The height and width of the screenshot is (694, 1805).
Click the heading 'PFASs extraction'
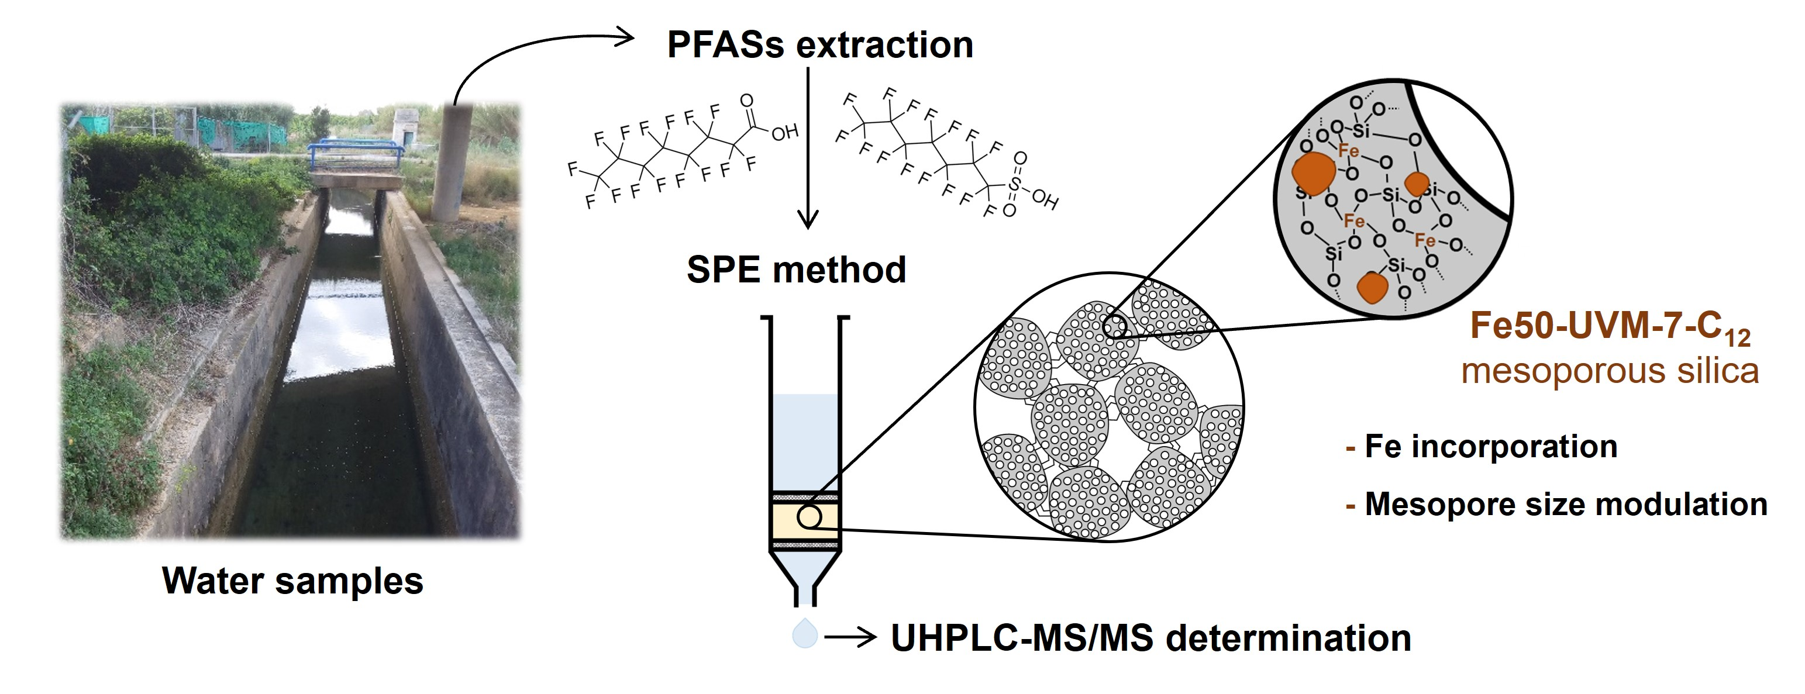click(x=820, y=45)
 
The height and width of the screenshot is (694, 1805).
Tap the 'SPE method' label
click(x=796, y=270)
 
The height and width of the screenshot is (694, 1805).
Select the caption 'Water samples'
click(x=293, y=581)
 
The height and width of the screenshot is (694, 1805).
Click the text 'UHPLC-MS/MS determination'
click(x=1150, y=638)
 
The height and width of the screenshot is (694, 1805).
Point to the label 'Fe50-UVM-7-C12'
click(x=1610, y=326)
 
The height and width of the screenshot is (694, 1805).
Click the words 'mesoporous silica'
click(x=1610, y=371)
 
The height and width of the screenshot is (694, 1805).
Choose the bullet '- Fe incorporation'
click(x=1482, y=447)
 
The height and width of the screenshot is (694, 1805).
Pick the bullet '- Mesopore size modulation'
click(x=1556, y=504)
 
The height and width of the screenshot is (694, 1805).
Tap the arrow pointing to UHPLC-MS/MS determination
click(x=850, y=637)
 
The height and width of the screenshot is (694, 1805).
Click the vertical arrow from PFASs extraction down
click(x=808, y=147)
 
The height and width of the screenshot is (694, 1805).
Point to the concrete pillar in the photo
click(x=452, y=161)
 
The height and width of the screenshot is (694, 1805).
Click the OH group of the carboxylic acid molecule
click(x=785, y=132)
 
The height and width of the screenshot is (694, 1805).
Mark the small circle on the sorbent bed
click(x=810, y=517)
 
